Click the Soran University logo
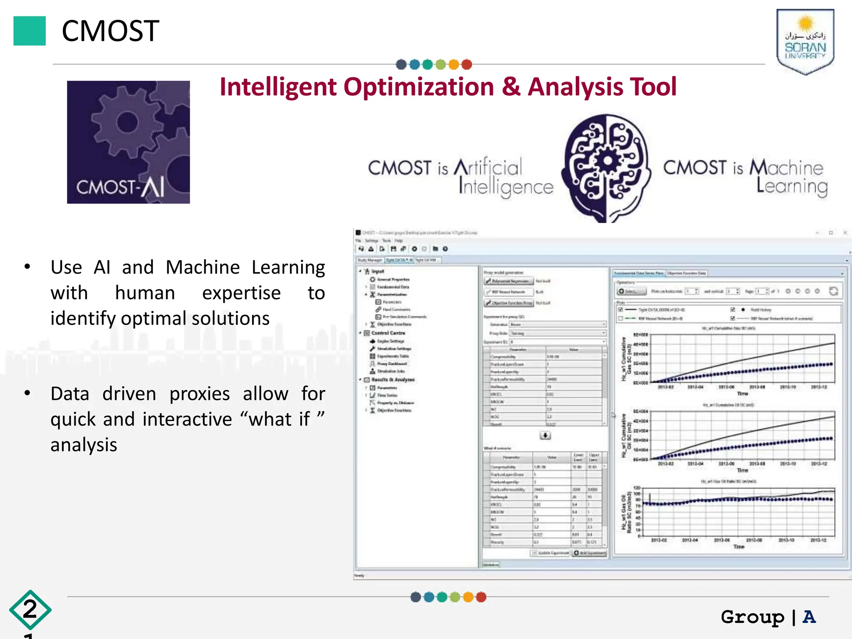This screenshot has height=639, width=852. tap(805, 42)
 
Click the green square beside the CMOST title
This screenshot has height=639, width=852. tap(30, 31)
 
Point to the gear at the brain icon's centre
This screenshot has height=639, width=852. tap(607, 161)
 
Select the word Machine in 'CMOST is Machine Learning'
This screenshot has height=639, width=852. tap(786, 168)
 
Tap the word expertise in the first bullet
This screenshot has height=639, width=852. tap(241, 293)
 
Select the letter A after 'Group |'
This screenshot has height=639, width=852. tap(809, 617)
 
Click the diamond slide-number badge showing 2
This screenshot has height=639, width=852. tap(30, 609)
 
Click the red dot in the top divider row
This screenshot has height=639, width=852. tap(467, 64)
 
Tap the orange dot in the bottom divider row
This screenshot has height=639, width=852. tap(468, 597)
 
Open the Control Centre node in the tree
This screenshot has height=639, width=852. tap(388, 333)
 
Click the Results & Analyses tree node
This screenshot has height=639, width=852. tap(393, 379)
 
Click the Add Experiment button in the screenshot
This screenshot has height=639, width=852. tap(590, 553)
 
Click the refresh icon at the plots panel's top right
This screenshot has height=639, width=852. tap(833, 291)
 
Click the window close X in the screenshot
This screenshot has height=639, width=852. tap(845, 233)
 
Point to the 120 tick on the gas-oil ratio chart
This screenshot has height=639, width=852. tap(637, 488)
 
